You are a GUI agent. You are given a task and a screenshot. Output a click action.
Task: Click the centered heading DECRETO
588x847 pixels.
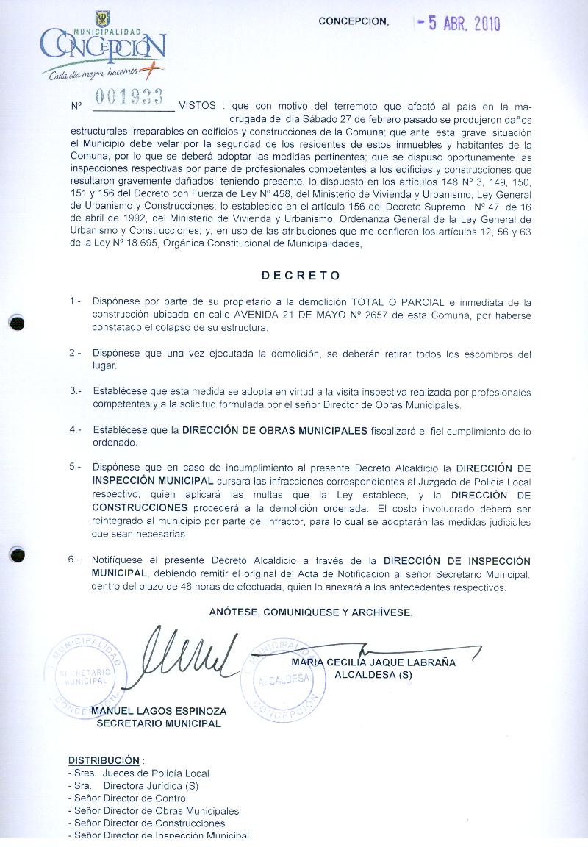[x=301, y=276]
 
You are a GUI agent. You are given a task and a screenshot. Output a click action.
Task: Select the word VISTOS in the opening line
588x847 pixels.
[x=198, y=105]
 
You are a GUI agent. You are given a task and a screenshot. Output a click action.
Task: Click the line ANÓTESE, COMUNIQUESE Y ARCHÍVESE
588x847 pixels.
[x=311, y=612]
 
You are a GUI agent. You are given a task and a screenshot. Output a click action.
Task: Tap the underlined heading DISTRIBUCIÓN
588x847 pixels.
[x=104, y=760]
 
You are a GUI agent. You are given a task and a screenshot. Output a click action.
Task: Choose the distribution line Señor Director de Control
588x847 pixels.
[x=121, y=798]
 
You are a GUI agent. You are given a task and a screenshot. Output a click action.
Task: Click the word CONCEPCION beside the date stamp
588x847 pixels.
[x=354, y=21]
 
